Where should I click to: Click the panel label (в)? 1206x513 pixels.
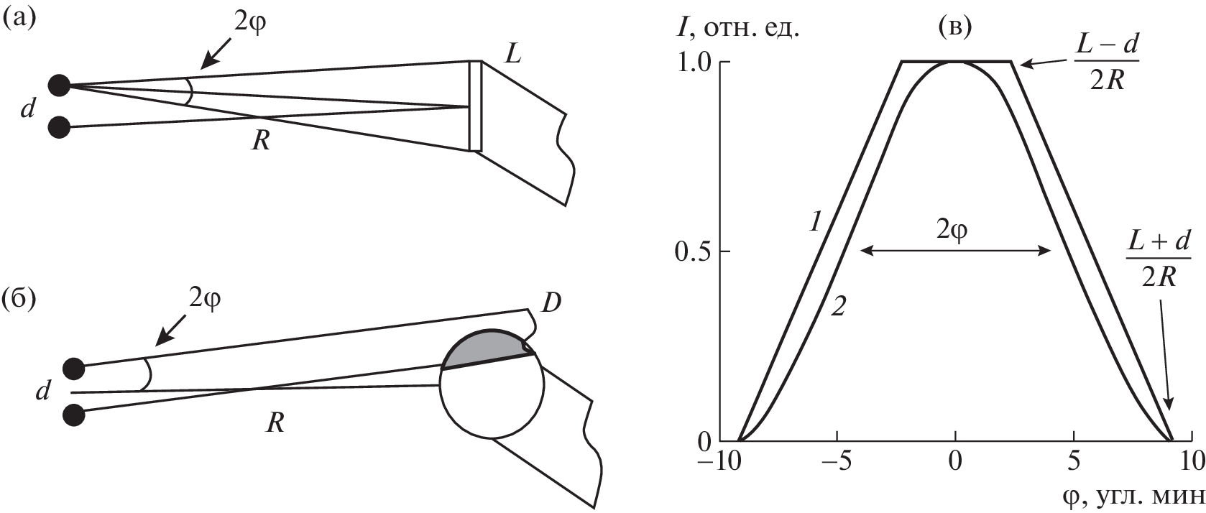[x=954, y=27]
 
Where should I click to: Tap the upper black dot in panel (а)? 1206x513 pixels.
[x=59, y=85]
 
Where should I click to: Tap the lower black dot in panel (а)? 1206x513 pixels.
[x=59, y=128]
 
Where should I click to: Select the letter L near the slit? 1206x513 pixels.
[x=512, y=54]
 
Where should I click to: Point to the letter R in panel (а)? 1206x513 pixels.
[x=261, y=141]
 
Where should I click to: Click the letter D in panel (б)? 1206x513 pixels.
[x=551, y=304]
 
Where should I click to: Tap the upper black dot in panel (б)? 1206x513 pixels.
[x=74, y=369]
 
